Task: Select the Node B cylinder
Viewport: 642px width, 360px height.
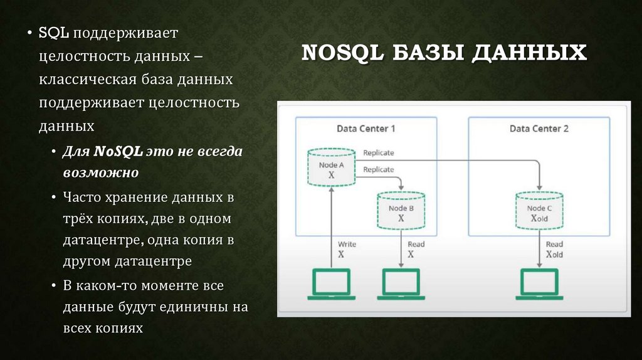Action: [x=401, y=211]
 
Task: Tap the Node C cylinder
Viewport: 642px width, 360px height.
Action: [x=539, y=211]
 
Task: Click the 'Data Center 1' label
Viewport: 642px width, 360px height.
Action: [x=366, y=129]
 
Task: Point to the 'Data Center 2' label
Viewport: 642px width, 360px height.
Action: [x=539, y=129]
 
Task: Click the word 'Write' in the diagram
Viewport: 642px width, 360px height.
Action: [x=347, y=244]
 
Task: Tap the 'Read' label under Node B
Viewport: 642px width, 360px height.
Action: [x=416, y=244]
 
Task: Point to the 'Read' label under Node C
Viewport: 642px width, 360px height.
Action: [x=554, y=244]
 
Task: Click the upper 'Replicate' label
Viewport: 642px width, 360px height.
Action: [x=379, y=152]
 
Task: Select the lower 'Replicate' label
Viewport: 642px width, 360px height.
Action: [x=379, y=169]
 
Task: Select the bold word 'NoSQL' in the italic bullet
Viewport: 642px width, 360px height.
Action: [x=119, y=151]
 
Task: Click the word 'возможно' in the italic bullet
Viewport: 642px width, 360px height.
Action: [x=100, y=172]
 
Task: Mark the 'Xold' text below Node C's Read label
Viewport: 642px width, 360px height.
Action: [x=554, y=255]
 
